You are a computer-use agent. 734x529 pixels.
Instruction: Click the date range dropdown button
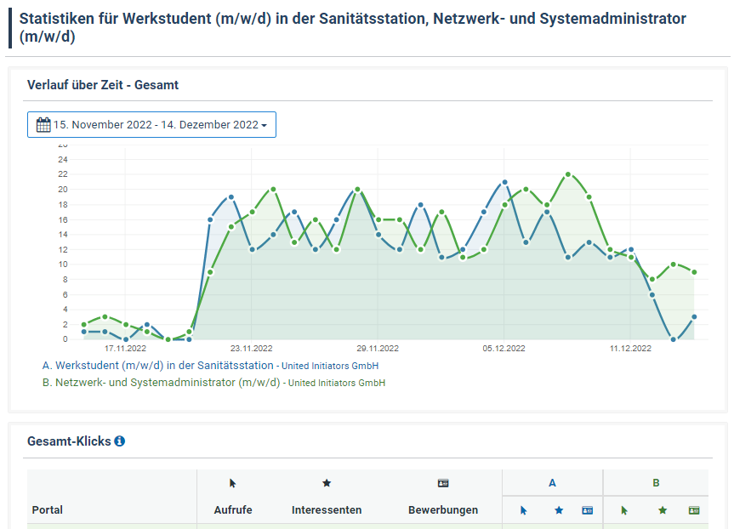click(151, 124)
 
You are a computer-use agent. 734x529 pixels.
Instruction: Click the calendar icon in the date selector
click(43, 125)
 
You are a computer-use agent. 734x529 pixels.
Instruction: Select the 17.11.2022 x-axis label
click(125, 349)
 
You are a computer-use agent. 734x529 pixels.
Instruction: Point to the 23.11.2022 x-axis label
click(252, 349)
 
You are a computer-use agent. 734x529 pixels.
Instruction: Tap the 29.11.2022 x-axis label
click(378, 349)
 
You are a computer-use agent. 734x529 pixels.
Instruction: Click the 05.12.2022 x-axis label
click(504, 349)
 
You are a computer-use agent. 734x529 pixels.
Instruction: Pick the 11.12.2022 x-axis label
click(630, 349)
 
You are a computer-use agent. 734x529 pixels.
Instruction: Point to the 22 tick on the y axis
click(63, 173)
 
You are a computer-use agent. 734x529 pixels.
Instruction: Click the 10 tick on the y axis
click(63, 264)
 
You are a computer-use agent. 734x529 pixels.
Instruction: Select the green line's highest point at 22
click(568, 174)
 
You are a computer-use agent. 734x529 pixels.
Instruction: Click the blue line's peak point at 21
click(504, 182)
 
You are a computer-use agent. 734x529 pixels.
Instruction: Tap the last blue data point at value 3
click(694, 316)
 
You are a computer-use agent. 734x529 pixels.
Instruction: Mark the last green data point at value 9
click(694, 272)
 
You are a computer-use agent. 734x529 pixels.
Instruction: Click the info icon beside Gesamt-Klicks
click(120, 441)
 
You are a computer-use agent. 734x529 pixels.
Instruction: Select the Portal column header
click(48, 510)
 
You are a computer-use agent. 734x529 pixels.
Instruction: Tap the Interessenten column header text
click(327, 510)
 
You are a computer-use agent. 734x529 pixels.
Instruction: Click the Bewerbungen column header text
click(443, 510)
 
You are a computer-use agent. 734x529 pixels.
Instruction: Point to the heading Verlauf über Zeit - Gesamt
click(103, 85)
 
